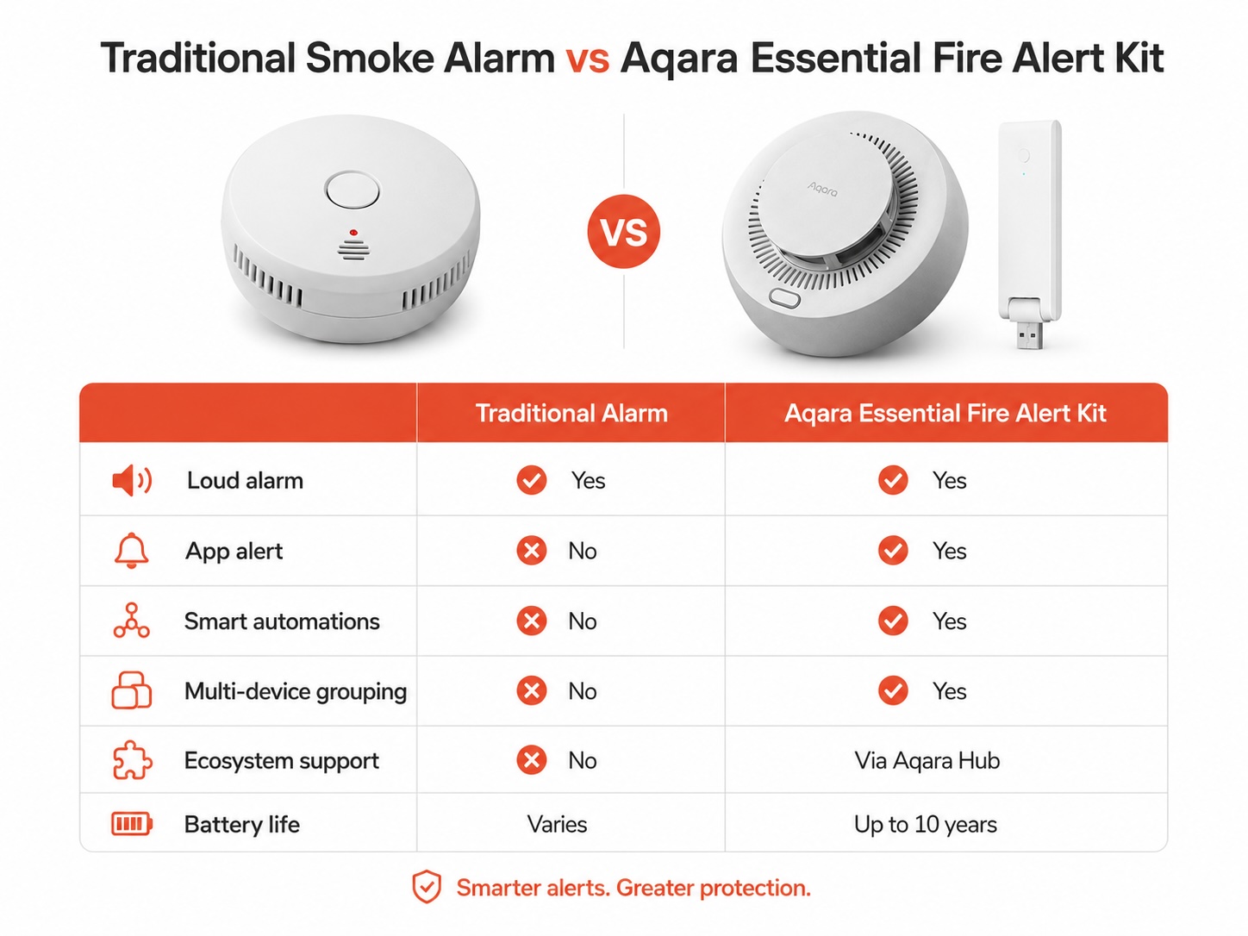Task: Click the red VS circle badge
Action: pos(624,231)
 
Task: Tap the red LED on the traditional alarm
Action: pos(353,233)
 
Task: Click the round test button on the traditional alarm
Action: pos(353,190)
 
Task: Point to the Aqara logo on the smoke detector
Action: pos(822,189)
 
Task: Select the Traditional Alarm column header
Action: pos(571,413)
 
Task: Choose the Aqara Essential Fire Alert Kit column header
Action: pos(945,413)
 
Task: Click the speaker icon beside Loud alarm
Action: pos(132,480)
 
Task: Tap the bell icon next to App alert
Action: pos(131,551)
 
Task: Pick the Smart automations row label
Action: pos(282,621)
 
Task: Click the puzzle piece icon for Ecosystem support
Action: pos(132,760)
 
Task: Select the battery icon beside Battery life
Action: pos(132,823)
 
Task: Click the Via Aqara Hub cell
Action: pos(927,760)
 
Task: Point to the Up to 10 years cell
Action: pos(925,824)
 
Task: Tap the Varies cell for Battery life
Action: pos(557,824)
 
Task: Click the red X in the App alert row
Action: pos(532,551)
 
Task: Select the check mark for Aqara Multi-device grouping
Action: pos(893,690)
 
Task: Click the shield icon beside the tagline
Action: pos(427,887)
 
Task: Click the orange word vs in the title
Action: pos(587,59)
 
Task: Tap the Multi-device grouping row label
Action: pos(296,691)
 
